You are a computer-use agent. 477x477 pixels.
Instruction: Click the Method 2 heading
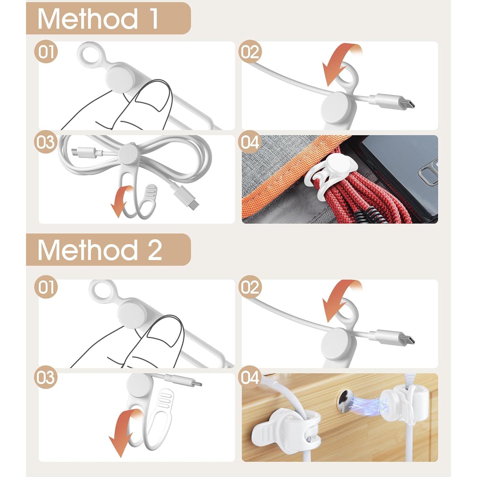(x=99, y=250)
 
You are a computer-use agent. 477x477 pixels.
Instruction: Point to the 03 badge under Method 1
(x=46, y=142)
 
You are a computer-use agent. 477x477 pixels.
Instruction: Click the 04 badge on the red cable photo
(x=250, y=142)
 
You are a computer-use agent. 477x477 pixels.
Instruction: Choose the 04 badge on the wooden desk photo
(x=250, y=378)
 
